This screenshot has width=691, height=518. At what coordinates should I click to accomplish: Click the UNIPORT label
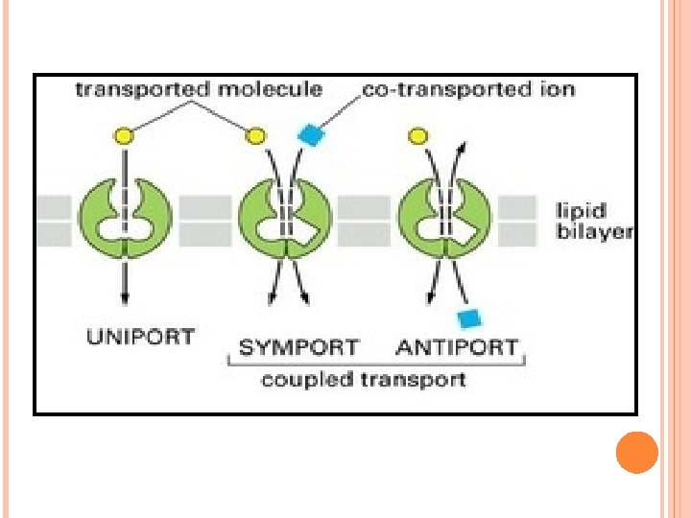coord(140,337)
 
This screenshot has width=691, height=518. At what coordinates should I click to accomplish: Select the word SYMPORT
coord(298,346)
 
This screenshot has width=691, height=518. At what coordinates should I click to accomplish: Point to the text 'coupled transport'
coord(364,380)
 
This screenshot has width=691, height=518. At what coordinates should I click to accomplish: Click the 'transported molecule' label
coord(199,90)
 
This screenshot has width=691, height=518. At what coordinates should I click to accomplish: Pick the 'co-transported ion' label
coord(468,90)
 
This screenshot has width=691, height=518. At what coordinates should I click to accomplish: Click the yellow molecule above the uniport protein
coord(126,136)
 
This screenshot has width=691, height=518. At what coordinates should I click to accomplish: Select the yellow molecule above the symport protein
coord(256,136)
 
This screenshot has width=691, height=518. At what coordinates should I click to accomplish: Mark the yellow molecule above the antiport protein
coord(417,136)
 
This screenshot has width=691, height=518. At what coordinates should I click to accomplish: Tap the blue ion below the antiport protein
coord(468,318)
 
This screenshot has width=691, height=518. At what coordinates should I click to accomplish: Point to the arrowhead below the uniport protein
coord(126,297)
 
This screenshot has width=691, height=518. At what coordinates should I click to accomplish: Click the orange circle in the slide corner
coord(636,452)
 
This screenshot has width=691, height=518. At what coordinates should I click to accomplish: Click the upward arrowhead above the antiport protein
coord(463,146)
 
